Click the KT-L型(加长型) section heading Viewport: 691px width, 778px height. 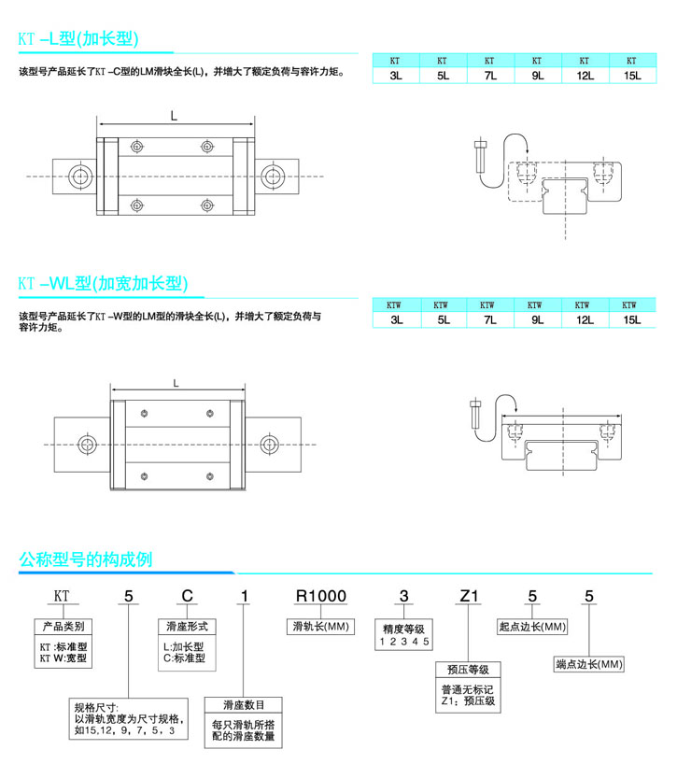point(79,39)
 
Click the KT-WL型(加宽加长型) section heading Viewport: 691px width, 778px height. point(104,283)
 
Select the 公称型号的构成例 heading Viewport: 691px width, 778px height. point(86,559)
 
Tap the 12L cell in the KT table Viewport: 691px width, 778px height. point(585,76)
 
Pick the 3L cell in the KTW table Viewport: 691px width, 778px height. point(397,320)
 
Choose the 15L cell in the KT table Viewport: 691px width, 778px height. point(631,76)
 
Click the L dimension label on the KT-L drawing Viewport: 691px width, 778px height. point(175,116)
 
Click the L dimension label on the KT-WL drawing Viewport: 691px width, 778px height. point(177,382)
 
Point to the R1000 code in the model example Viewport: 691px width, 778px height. point(319,596)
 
